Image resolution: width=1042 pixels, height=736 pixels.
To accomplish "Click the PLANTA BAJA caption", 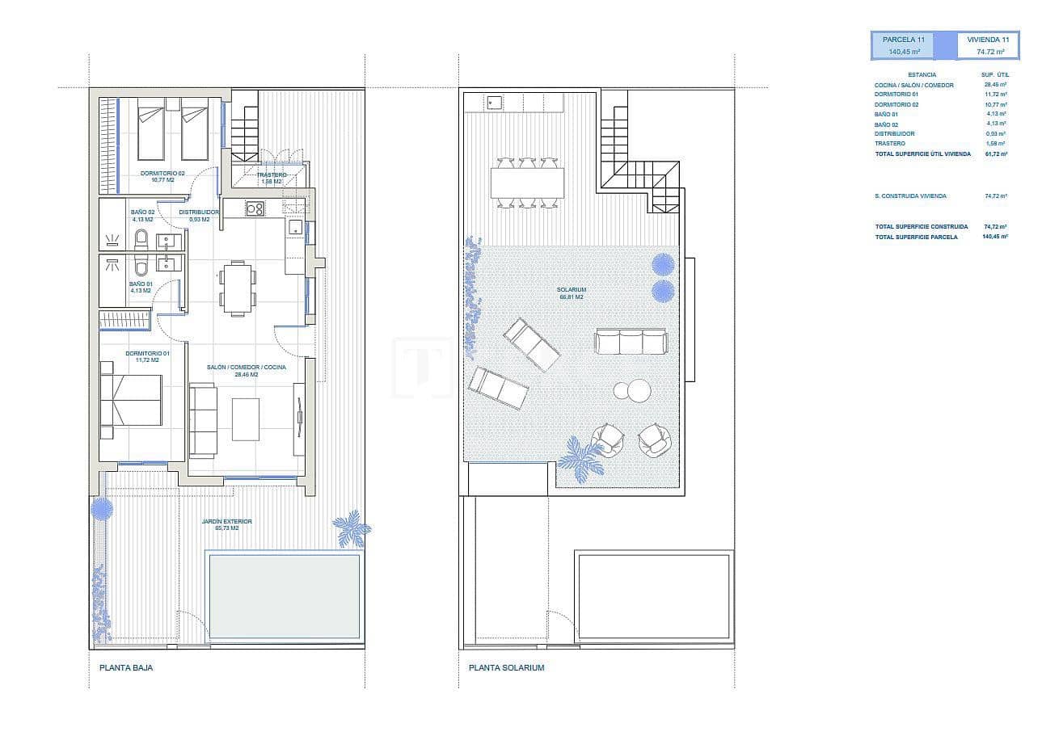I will (125, 668).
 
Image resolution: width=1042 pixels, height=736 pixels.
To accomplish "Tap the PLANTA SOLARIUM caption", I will (506, 668).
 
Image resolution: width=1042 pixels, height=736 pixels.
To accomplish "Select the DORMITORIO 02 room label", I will (162, 174).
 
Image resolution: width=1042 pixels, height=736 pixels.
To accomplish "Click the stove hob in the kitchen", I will (255, 208).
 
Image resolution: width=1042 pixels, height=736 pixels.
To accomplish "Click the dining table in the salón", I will (238, 288).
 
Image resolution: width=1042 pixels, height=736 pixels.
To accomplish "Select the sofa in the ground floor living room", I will (203, 420).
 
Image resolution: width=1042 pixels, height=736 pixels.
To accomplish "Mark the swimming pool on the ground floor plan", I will (282, 595).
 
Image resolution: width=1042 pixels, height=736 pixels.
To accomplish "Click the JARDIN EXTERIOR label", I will (226, 522).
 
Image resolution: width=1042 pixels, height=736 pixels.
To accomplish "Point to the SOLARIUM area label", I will (571, 290).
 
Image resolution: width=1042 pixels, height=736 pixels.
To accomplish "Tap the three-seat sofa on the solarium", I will (631, 341).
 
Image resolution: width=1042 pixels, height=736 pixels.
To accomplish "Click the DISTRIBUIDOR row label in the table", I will (895, 133).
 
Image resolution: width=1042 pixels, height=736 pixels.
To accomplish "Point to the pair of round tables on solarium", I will (632, 390).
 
